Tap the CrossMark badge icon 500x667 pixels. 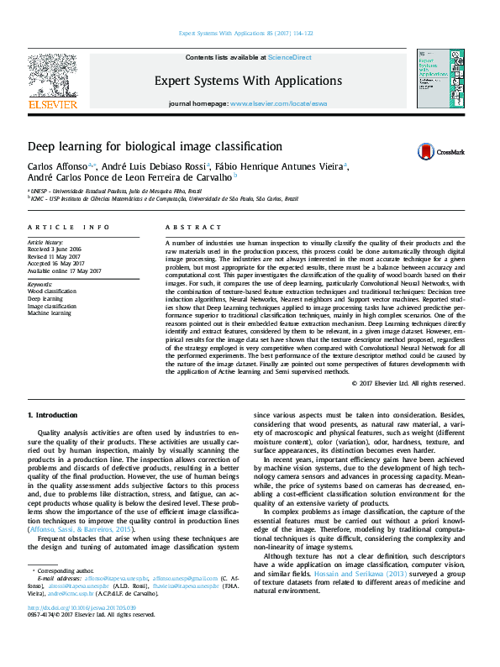pyautogui.click(x=440, y=151)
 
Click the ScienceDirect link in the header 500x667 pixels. pyautogui.click(x=289, y=57)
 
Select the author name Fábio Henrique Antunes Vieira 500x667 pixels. pyautogui.click(x=280, y=166)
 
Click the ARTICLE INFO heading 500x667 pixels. pyautogui.click(x=69, y=228)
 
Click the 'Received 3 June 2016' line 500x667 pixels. pyautogui.click(x=56, y=249)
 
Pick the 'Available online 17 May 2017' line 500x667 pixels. pyautogui.click(x=64, y=270)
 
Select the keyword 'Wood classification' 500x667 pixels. pyautogui.click(x=50, y=291)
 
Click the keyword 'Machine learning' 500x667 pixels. pyautogui.click(x=49, y=312)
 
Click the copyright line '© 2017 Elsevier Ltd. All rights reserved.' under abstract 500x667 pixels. pyautogui.click(x=408, y=383)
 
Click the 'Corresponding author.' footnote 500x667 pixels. pyautogui.click(x=65, y=570)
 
